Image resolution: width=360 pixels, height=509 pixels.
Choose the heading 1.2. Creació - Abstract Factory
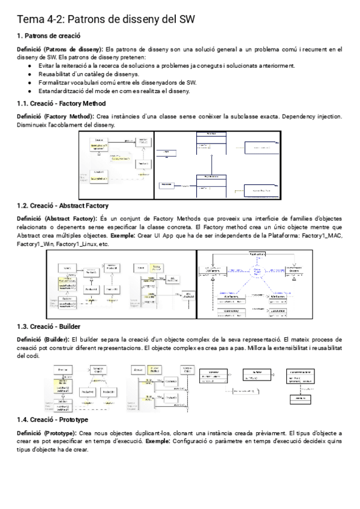click(63, 205)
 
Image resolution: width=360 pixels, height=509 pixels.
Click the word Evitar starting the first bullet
click(47, 65)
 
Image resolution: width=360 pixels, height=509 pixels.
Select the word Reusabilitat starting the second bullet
click(55, 74)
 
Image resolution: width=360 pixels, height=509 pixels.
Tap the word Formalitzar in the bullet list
click(55, 82)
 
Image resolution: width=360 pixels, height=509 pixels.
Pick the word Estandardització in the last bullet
click(62, 91)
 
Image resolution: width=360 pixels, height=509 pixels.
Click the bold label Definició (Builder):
click(43, 340)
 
